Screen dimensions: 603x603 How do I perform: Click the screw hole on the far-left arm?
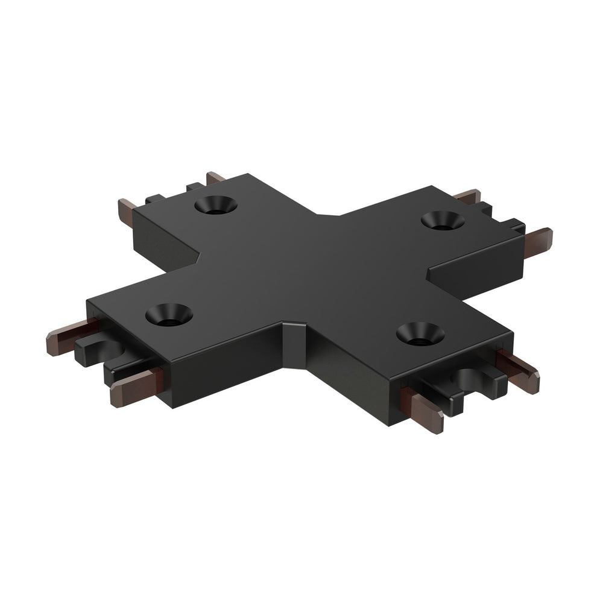point(215,205)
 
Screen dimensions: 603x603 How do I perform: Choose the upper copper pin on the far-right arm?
point(468,197)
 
